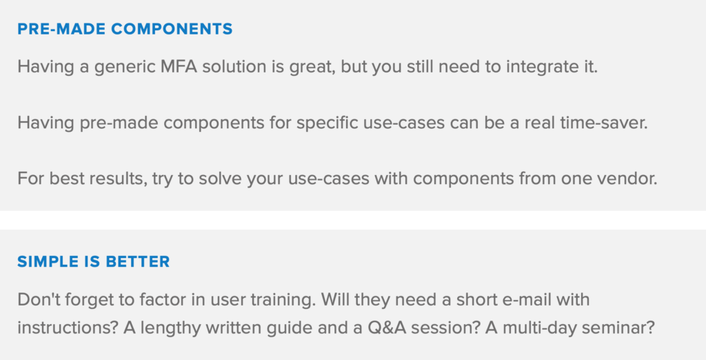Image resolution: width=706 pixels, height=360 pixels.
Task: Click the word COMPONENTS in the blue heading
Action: click(172, 29)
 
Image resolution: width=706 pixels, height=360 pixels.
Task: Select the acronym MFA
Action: click(179, 67)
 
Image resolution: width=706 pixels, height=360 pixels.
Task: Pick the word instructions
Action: click(68, 328)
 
